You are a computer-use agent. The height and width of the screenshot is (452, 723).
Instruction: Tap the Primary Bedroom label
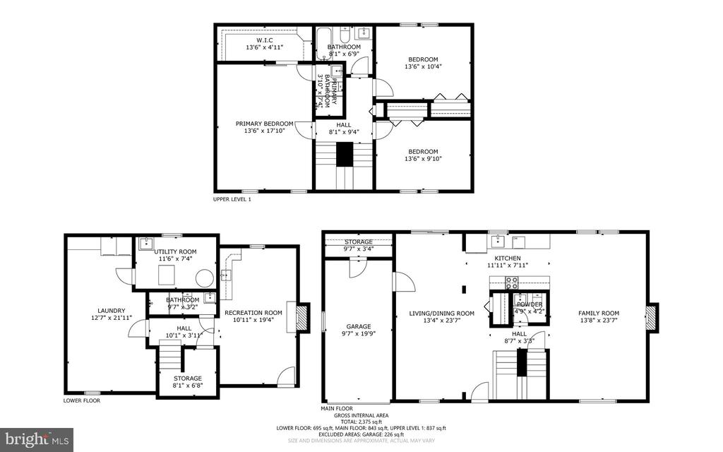tap(264, 124)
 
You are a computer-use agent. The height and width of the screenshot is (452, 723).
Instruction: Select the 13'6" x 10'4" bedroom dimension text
tap(422, 67)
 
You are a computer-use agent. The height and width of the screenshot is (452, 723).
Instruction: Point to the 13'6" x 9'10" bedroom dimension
tap(422, 159)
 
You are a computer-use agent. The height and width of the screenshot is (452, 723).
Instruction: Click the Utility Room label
tap(175, 251)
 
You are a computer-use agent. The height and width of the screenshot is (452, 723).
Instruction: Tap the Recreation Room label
tap(253, 313)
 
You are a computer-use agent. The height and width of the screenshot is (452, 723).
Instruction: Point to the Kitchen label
tap(507, 258)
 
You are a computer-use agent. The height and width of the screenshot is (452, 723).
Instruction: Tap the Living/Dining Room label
tap(441, 314)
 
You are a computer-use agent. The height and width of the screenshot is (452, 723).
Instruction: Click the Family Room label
tap(598, 314)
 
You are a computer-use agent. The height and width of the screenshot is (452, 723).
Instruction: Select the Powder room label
tap(529, 304)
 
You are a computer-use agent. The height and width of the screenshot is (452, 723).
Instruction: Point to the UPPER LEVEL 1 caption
tap(232, 200)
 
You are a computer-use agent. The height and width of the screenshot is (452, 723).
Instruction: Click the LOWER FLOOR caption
tap(81, 400)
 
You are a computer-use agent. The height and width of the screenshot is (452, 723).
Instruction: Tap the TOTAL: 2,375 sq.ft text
tap(361, 422)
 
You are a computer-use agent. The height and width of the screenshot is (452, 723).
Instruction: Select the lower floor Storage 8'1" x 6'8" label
tap(189, 379)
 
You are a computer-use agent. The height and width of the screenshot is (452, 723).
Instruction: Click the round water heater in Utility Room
tap(205, 278)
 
